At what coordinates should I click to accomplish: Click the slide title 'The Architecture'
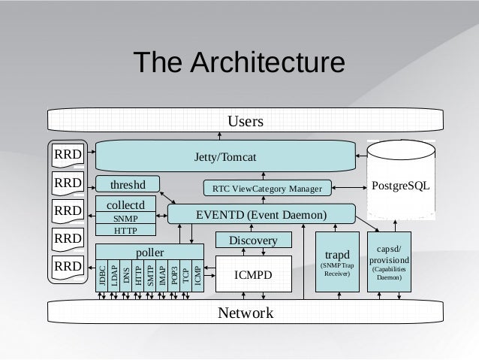click(x=239, y=65)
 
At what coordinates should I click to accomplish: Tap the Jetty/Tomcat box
click(x=225, y=156)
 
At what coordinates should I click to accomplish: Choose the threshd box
click(x=128, y=184)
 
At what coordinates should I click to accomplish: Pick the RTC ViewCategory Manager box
click(x=267, y=187)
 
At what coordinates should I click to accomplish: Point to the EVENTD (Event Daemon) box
click(x=261, y=214)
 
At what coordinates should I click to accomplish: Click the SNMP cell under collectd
click(x=125, y=218)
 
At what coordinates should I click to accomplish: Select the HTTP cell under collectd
click(x=125, y=230)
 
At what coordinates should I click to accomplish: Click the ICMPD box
click(x=253, y=275)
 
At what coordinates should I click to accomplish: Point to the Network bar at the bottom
click(x=246, y=313)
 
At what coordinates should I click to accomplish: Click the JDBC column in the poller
click(x=102, y=275)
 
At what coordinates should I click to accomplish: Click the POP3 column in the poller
click(x=173, y=275)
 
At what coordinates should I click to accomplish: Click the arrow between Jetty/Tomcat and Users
click(x=219, y=135)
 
